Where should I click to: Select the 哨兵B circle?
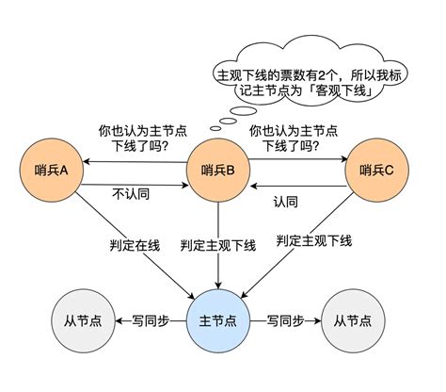[x=218, y=170]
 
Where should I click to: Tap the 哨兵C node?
[x=377, y=170]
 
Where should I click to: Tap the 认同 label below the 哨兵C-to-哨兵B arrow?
[x=286, y=202]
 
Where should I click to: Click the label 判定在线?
[x=134, y=245]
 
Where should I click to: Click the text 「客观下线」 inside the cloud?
[x=331, y=92]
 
